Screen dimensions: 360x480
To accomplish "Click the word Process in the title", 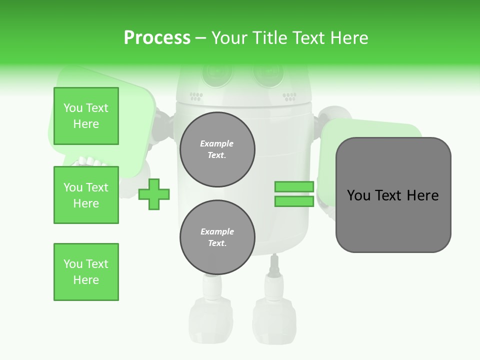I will pyautogui.click(x=157, y=37).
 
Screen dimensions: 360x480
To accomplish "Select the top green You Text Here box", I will pyautogui.click(x=86, y=116).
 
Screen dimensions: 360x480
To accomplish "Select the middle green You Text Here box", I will pyautogui.click(x=86, y=195).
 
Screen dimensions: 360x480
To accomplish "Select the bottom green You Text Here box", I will pyautogui.click(x=86, y=272).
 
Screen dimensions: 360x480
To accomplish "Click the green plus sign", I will pyautogui.click(x=154, y=194).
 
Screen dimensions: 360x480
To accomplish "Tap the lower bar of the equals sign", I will pyautogui.click(x=294, y=201).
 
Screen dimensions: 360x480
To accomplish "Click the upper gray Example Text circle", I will pyautogui.click(x=217, y=149).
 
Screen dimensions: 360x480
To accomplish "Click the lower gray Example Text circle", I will pyautogui.click(x=217, y=237).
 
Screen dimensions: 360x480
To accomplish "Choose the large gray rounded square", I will pyautogui.click(x=393, y=195).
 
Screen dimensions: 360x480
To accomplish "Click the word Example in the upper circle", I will pyautogui.click(x=217, y=143).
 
